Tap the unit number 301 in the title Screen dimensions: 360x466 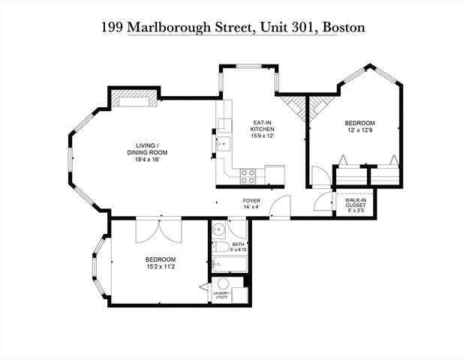(x=300, y=28)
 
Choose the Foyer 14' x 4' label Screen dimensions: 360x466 (x=251, y=205)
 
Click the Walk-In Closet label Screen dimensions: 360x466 (x=355, y=205)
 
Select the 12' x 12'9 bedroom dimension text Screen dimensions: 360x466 (x=359, y=131)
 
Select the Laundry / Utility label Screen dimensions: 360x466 (x=221, y=295)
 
